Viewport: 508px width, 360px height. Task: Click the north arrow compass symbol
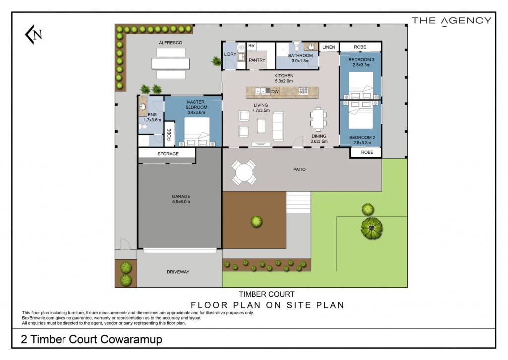[33, 34]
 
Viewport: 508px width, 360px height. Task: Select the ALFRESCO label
[171, 43]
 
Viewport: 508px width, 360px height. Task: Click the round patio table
[244, 172]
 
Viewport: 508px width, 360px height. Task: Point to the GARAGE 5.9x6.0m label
[181, 199]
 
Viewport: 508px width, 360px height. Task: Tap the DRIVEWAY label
[178, 272]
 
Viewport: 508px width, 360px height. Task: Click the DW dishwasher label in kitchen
[275, 92]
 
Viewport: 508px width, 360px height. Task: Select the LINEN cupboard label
[329, 47]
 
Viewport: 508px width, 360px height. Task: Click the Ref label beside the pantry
[252, 46]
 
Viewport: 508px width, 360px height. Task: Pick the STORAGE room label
[168, 154]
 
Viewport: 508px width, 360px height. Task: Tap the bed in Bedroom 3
[361, 85]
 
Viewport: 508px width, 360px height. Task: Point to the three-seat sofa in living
[279, 126]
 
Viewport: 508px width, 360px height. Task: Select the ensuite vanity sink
[143, 107]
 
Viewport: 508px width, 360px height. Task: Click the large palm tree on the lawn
[372, 228]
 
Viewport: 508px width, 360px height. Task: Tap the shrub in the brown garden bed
[256, 221]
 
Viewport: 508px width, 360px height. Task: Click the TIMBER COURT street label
[266, 294]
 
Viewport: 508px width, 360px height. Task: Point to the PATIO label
[299, 170]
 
